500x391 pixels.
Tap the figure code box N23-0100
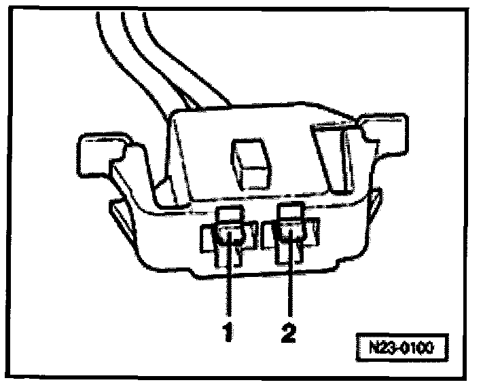(x=404, y=348)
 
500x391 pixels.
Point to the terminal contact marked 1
(x=229, y=236)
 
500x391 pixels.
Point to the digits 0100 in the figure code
(x=418, y=348)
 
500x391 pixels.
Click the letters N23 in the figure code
(x=382, y=348)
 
